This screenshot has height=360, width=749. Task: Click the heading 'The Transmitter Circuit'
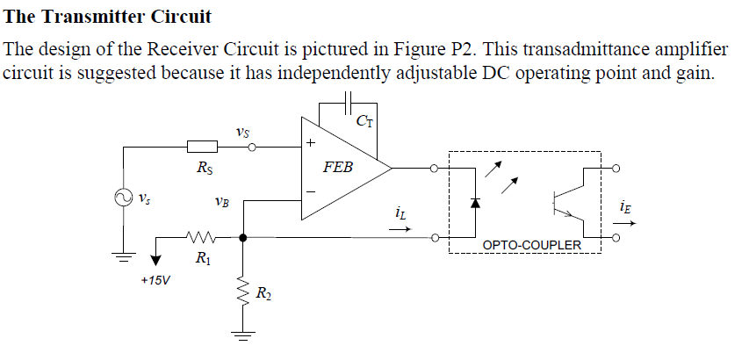click(x=108, y=17)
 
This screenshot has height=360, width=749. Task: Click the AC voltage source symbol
click(x=123, y=198)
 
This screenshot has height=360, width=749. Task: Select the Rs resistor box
click(x=203, y=148)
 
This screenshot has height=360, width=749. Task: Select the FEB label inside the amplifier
click(x=337, y=167)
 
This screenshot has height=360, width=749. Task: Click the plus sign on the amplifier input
click(x=309, y=142)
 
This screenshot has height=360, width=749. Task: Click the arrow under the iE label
click(x=630, y=222)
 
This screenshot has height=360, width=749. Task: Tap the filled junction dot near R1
click(x=241, y=236)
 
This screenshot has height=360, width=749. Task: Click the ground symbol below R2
click(x=241, y=333)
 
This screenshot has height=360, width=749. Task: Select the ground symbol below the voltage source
click(x=123, y=257)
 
